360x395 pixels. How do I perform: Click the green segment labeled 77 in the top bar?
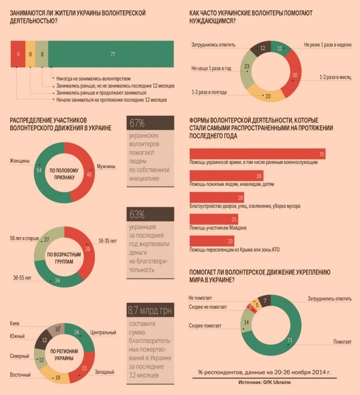click(x=113, y=54)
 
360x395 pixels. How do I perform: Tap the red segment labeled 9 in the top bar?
click(x=18, y=54)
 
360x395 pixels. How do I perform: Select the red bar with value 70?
click(x=258, y=154)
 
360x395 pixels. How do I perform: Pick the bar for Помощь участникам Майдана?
click(x=213, y=219)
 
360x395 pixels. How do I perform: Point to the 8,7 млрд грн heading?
click(x=150, y=310)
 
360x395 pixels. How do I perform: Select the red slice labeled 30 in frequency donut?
click(x=293, y=75)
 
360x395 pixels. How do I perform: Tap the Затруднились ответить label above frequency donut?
click(x=213, y=45)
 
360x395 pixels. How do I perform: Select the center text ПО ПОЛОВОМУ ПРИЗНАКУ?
click(x=64, y=172)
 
